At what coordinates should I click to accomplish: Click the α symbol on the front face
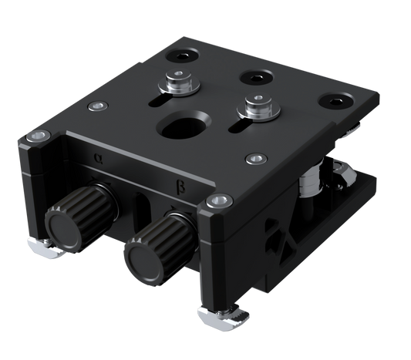coord(97,159)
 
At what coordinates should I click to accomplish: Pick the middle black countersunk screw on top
coord(255,77)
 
